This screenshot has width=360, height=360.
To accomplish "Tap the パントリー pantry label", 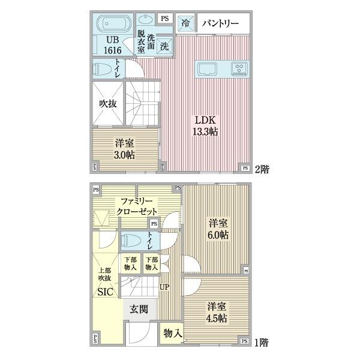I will pyautogui.click(x=220, y=23).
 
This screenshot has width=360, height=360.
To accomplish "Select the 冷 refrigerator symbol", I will pyautogui.click(x=187, y=23).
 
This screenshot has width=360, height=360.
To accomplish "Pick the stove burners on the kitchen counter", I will pyautogui.click(x=239, y=68).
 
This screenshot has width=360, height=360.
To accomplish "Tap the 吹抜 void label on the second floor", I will pyautogui.click(x=107, y=103).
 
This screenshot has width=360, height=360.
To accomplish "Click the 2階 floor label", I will pyautogui.click(x=262, y=169).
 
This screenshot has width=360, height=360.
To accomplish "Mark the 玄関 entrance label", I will pyautogui.click(x=139, y=309).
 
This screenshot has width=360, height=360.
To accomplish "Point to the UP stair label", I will pyautogui.click(x=164, y=287).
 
